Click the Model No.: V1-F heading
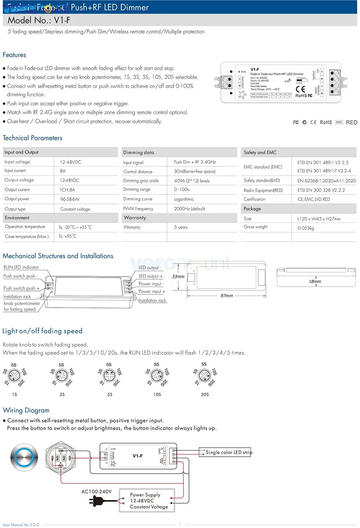coord(39,20)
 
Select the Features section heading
coord(14,55)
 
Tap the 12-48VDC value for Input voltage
coord(71,162)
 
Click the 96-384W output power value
coord(69,199)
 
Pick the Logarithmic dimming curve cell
coord(184,199)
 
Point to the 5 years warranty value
coord(181,227)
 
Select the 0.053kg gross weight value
coord(306,228)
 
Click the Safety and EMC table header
coord(260,152)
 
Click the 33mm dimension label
coord(178,277)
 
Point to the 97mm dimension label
coord(226,296)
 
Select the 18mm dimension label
coord(315,281)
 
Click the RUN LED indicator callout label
coord(21,267)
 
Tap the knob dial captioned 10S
coord(157,376)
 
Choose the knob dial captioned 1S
coord(14,376)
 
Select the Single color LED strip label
coord(229,452)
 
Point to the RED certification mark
coord(351,122)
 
